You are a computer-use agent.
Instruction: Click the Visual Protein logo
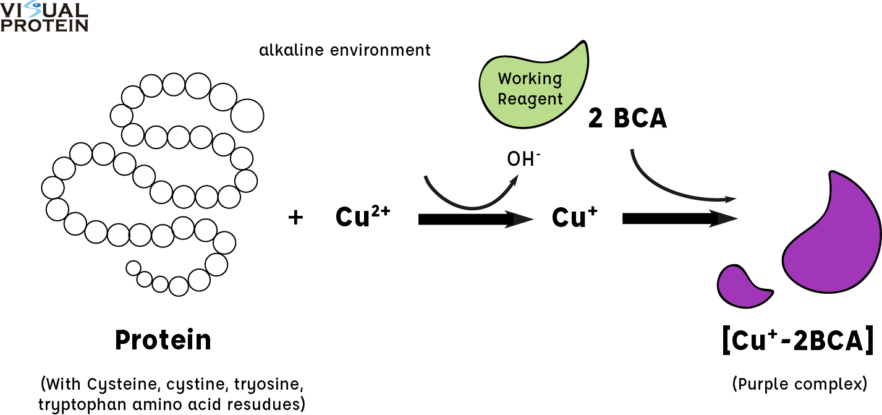tap(44, 17)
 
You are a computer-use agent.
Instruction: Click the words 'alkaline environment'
tap(344, 51)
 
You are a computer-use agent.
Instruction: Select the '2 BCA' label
tap(627, 118)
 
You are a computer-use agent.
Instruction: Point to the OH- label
tap(524, 159)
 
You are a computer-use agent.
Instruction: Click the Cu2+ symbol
tap(363, 216)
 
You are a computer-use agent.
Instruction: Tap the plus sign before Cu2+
tap(295, 217)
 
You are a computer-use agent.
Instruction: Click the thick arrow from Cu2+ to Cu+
tap(476, 219)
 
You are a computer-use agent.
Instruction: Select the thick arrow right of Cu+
tap(680, 218)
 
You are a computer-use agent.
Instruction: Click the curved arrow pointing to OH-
tap(470, 207)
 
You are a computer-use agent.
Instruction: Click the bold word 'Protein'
tap(163, 340)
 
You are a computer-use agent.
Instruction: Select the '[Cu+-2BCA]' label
tap(798, 340)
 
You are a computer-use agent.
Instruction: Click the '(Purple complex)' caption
tap(800, 384)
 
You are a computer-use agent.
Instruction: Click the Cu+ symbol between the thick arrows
tap(574, 216)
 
